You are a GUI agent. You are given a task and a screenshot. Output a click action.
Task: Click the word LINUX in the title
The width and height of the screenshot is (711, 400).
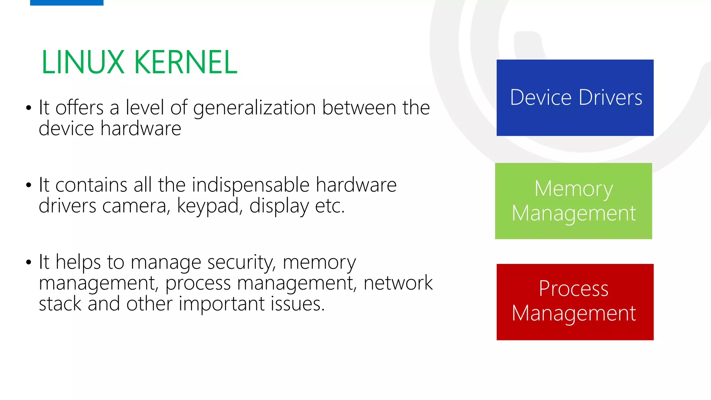pyautogui.click(x=83, y=62)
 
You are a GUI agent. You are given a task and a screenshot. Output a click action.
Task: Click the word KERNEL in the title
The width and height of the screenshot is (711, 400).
pyautogui.click(x=185, y=62)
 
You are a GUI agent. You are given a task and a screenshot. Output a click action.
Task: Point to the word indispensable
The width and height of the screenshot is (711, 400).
pyautogui.click(x=250, y=185)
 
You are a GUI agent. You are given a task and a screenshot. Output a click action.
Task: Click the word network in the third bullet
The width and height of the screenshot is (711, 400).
pyautogui.click(x=398, y=283)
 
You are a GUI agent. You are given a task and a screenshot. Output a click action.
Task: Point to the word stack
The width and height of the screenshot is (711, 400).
pyautogui.click(x=60, y=304)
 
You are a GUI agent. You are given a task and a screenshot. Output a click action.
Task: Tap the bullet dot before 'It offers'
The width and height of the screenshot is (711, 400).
pyautogui.click(x=28, y=108)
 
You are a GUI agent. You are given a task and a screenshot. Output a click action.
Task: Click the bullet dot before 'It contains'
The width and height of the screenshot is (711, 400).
pyautogui.click(x=28, y=185)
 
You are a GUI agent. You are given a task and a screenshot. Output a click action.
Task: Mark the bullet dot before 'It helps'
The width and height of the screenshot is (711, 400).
pyautogui.click(x=28, y=262)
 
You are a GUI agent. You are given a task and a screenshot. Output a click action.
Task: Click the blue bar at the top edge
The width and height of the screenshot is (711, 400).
pyautogui.click(x=67, y=2)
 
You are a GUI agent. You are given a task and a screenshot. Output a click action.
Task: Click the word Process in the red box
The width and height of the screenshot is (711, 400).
pyautogui.click(x=574, y=289)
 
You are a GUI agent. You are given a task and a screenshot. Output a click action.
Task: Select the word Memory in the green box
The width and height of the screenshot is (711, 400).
pyautogui.click(x=574, y=189)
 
